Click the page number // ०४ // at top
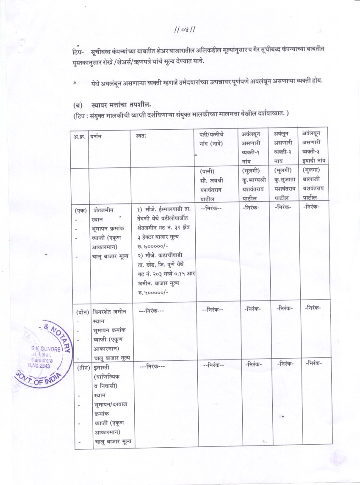(184, 30)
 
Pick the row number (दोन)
(82, 312)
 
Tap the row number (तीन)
(82, 367)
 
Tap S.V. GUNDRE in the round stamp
(44, 348)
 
